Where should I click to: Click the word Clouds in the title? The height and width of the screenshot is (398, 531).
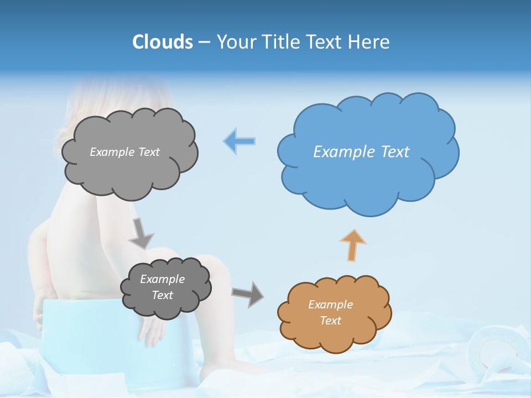coord(163,42)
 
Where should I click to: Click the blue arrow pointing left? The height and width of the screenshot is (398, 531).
coord(240,141)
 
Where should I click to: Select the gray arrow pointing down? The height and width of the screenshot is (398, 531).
coord(140,233)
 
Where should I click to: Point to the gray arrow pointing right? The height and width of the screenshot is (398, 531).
coord(248,294)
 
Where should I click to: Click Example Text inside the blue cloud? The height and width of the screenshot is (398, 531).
coord(361,152)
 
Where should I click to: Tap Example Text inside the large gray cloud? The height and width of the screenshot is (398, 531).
coord(124,151)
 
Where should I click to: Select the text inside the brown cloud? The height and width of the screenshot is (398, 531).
coord(330,312)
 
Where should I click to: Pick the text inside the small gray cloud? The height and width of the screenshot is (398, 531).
coord(162,287)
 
